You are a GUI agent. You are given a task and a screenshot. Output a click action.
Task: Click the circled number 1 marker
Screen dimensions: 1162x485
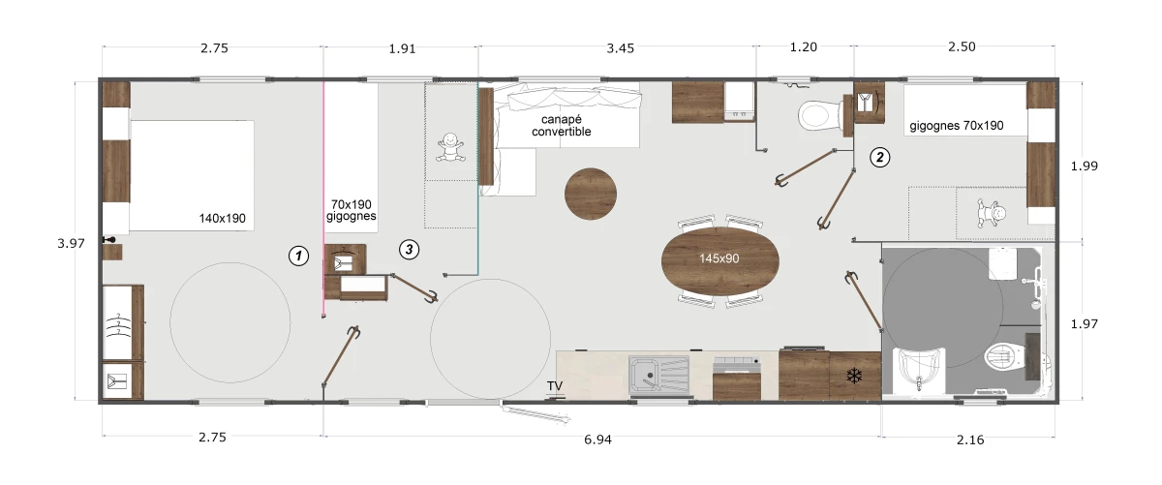pos(298,256)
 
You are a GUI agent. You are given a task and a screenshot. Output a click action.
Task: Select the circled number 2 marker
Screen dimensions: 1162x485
pos(880,157)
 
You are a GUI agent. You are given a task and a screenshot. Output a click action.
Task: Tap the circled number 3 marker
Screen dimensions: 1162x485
pos(409,250)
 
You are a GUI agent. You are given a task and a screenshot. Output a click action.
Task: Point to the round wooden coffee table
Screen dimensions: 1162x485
pos(591,194)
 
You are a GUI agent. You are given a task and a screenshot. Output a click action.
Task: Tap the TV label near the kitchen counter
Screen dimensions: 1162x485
pos(555,386)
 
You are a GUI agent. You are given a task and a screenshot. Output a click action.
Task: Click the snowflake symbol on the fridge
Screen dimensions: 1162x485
pos(854,376)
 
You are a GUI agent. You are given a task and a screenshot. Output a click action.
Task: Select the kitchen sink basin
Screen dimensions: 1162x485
pos(646,375)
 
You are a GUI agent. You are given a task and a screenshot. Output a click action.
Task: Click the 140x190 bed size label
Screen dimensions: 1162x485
pos(222,219)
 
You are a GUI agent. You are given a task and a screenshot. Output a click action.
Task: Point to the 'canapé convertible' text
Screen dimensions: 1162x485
pos(562,126)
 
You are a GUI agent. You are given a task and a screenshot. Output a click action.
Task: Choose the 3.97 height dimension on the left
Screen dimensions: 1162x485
pos(71,243)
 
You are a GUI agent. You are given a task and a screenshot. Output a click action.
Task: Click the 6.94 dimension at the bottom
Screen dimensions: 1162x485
pos(597,440)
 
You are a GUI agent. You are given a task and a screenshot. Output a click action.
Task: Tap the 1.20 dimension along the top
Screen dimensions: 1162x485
pos(803,47)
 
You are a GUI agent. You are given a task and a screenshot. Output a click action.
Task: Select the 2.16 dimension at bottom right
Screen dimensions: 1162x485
pos(970,440)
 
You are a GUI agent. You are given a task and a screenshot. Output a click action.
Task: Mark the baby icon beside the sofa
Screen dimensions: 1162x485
pos(449,147)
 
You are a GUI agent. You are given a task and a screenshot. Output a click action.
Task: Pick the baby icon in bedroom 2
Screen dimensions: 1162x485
pos(992,213)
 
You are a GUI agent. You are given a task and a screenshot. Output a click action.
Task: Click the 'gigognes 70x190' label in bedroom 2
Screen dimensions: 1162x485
pos(957,126)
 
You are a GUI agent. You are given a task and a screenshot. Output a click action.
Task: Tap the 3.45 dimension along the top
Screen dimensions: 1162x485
pos(621,48)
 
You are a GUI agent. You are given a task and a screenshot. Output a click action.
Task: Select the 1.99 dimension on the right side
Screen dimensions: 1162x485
pos(1085,166)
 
